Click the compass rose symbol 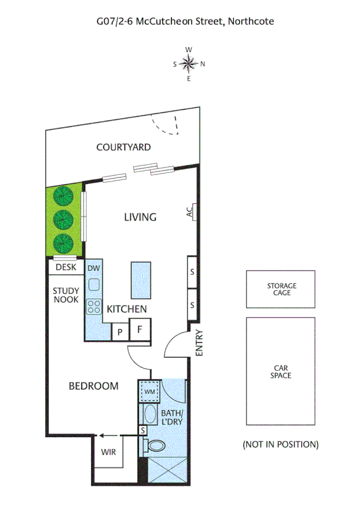pos(189,63)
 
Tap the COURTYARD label pos(123,147)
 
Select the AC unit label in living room pos(189,212)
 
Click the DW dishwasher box pos(94,268)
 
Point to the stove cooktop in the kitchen pos(94,307)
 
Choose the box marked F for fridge pos(139,330)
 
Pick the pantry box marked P pos(120,331)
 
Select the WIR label pos(109,451)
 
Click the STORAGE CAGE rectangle pos(281,289)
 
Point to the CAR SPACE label pos(281,371)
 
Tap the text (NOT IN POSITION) pos(280,444)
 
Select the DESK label pos(66,267)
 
